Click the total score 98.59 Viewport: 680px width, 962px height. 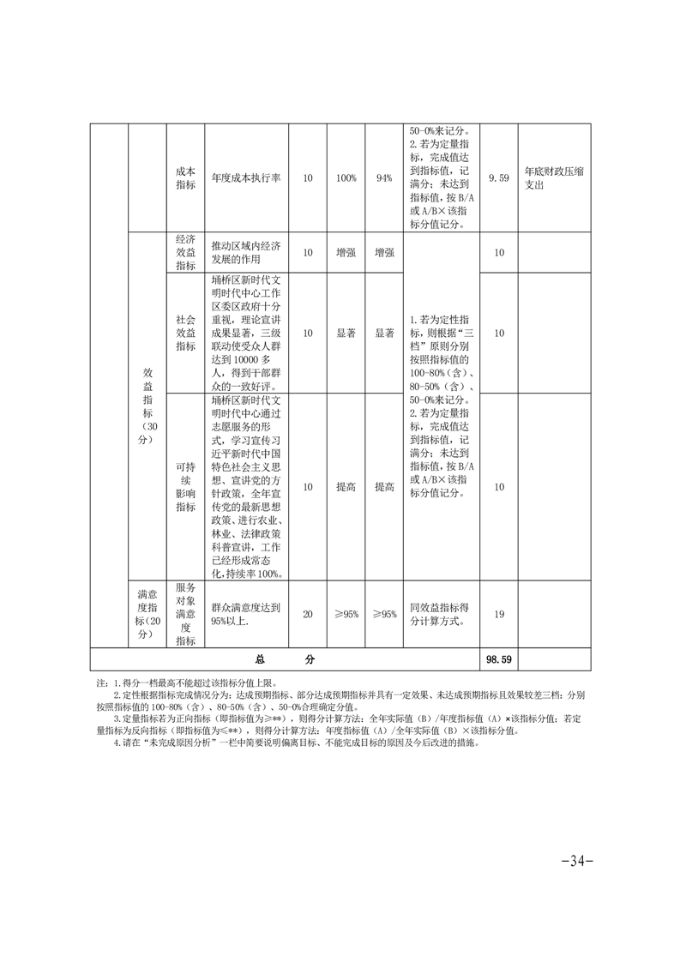498,659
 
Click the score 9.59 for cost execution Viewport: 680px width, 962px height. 498,177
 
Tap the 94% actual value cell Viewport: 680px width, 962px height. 383,177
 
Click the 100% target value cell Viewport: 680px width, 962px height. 346,177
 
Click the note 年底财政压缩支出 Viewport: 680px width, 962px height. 553,177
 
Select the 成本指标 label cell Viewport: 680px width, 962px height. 185,177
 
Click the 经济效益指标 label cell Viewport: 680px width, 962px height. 185,252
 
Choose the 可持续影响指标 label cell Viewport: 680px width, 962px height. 185,486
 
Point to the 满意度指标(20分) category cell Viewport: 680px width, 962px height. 147,614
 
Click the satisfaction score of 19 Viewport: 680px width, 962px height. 498,614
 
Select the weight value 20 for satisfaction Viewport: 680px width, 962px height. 308,614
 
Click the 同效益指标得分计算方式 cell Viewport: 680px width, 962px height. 440,614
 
